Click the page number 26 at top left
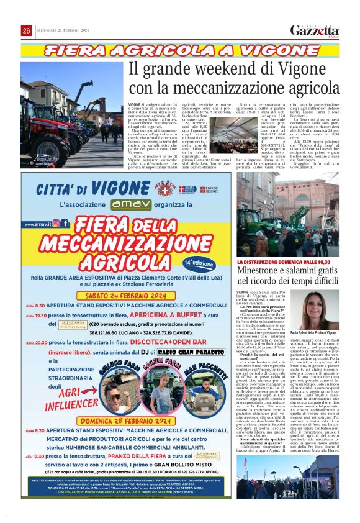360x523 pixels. click(x=27, y=31)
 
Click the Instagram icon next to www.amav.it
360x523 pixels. click(x=56, y=223)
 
